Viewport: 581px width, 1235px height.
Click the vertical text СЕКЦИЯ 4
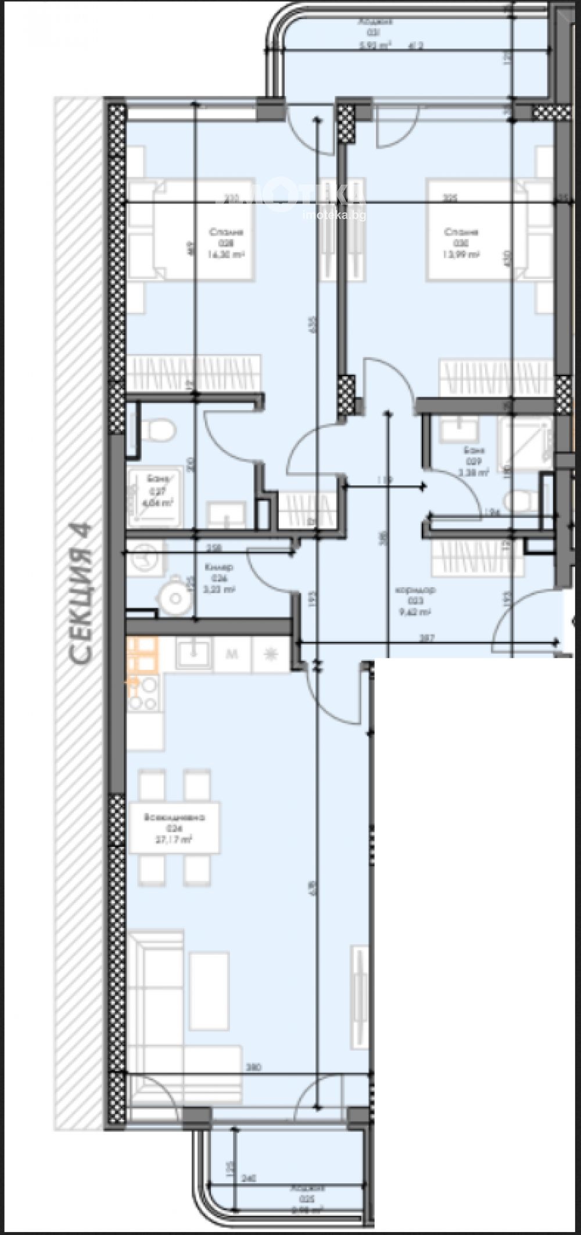pos(80,593)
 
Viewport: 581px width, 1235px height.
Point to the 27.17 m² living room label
pos(174,839)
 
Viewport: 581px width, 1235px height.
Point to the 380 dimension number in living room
pos(252,1068)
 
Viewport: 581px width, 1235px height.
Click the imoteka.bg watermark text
pos(335,215)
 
